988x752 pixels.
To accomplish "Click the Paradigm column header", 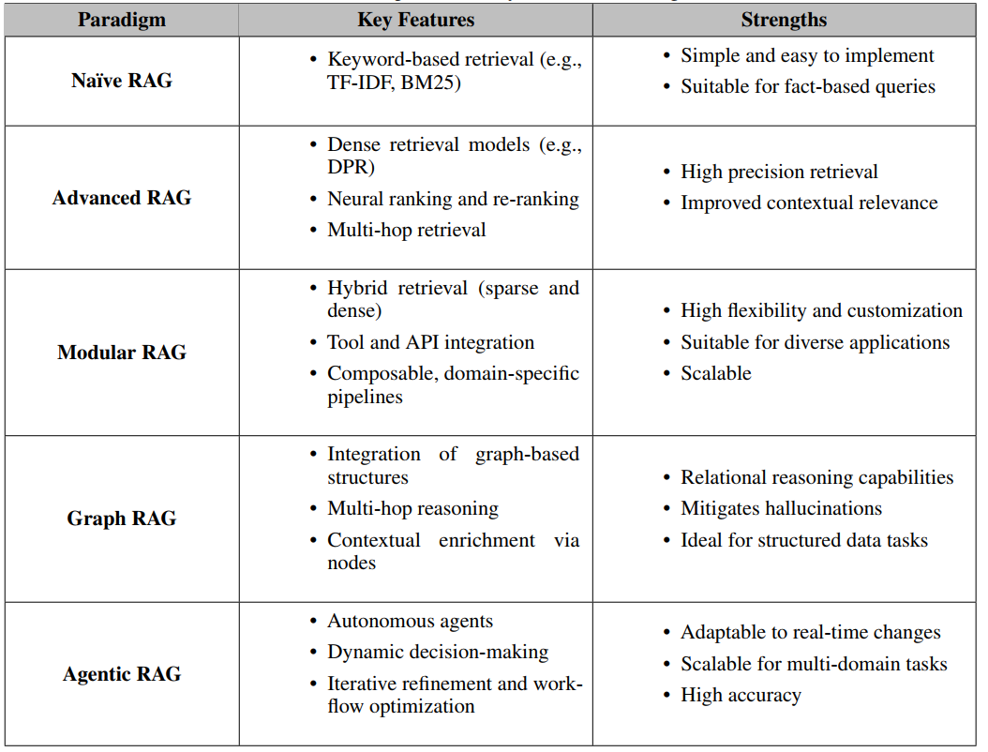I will tap(121, 20).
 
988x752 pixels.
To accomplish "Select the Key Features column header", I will tap(415, 20).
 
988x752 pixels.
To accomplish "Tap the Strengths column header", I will tap(784, 20).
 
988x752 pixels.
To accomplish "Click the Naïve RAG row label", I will tap(121, 81).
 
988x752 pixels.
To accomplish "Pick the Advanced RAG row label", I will tap(121, 198).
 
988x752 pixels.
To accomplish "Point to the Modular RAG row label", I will tap(121, 353).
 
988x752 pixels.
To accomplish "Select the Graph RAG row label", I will tap(121, 519).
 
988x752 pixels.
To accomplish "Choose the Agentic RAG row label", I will tap(121, 674).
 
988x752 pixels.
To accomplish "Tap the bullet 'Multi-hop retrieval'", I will tap(406, 230).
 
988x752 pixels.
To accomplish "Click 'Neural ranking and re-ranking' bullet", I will tap(453, 199).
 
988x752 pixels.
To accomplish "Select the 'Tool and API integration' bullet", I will tap(430, 342).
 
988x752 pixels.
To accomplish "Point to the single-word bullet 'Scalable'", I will tap(715, 373).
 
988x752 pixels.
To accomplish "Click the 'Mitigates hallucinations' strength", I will tap(781, 508).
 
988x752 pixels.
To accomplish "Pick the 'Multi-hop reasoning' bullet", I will tap(412, 508).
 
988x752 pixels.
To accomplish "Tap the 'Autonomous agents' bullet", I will tap(410, 621).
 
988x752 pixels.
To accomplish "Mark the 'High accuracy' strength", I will tap(741, 695).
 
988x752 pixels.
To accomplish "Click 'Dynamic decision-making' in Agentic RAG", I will tap(437, 652).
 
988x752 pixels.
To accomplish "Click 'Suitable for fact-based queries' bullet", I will tap(807, 86).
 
